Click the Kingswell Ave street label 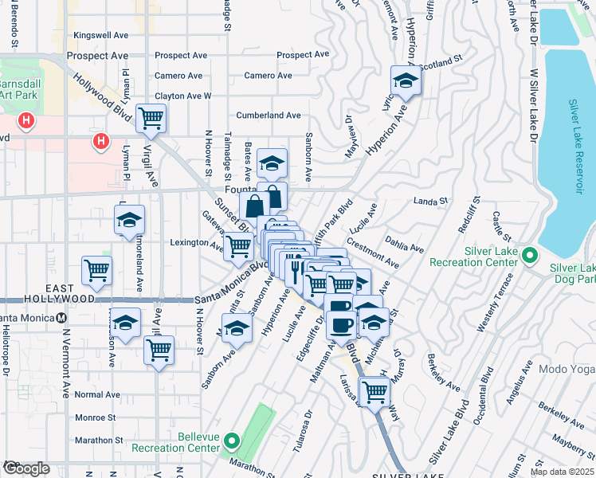coord(100,35)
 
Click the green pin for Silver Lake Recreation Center coord(534,256)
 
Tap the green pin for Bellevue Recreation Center coord(232,440)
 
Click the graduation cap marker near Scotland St coord(405,80)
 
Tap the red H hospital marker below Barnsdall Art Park coord(27,122)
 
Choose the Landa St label coord(431,202)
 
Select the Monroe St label coord(95,417)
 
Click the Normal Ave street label coord(97,394)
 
